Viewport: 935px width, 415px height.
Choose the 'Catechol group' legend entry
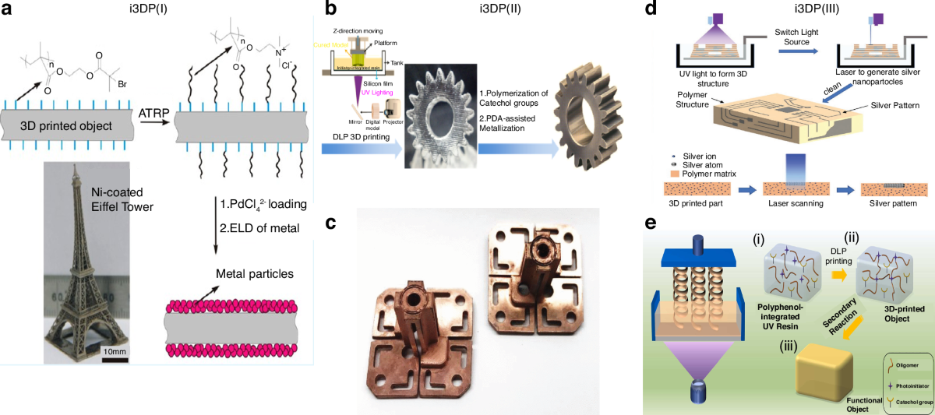pyautogui.click(x=908, y=400)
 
